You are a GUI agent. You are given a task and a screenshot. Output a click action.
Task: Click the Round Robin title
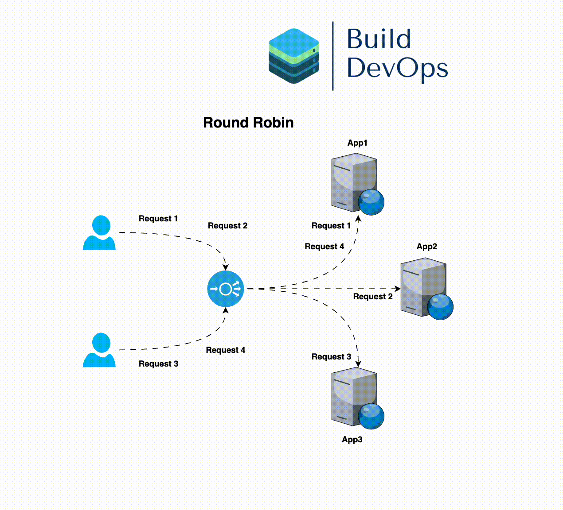[x=248, y=123]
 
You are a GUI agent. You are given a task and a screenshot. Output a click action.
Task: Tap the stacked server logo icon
[x=294, y=56]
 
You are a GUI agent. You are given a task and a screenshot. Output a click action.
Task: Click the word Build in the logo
[x=379, y=39]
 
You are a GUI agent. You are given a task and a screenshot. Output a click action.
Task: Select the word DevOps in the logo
[x=397, y=68]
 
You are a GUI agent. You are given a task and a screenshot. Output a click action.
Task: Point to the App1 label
[x=357, y=143]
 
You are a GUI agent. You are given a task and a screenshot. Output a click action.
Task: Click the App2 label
[x=427, y=247]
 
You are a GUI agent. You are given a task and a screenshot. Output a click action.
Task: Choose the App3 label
[x=352, y=440]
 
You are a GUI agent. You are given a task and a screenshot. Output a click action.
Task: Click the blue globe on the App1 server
[x=371, y=202]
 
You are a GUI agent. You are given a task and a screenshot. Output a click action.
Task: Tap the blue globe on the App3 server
[x=371, y=416]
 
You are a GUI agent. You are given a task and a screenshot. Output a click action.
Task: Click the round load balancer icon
[x=226, y=289]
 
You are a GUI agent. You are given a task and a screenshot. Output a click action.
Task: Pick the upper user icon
[x=100, y=232]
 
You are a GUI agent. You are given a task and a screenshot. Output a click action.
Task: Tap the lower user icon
[x=100, y=350]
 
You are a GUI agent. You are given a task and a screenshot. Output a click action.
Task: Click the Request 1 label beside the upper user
[x=158, y=219]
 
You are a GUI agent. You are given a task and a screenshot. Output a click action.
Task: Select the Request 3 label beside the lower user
[x=158, y=364]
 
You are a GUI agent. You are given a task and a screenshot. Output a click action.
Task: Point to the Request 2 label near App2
[x=373, y=297]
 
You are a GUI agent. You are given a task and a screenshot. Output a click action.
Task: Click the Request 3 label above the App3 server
[x=331, y=357]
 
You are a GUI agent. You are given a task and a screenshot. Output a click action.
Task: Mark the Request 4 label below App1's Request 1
[x=324, y=247]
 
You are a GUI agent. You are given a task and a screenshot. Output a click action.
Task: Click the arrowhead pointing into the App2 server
[x=398, y=289]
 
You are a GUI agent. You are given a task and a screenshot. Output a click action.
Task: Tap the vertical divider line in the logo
[x=333, y=56]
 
